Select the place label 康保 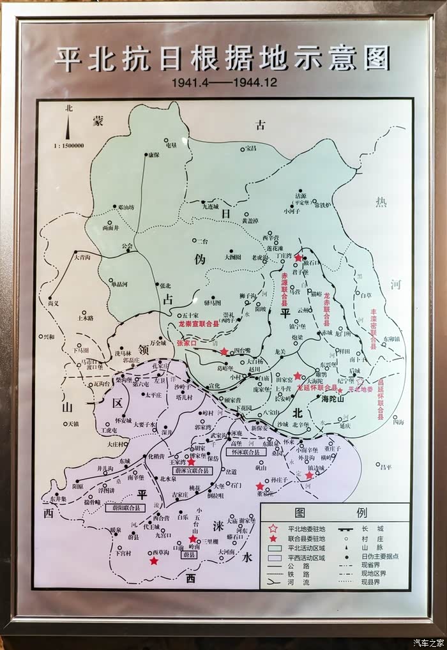[153, 155]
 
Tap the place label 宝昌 [249, 149]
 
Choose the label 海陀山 [332, 398]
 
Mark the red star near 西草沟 [154, 561]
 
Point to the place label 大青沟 [82, 257]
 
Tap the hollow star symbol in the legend [273, 528]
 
